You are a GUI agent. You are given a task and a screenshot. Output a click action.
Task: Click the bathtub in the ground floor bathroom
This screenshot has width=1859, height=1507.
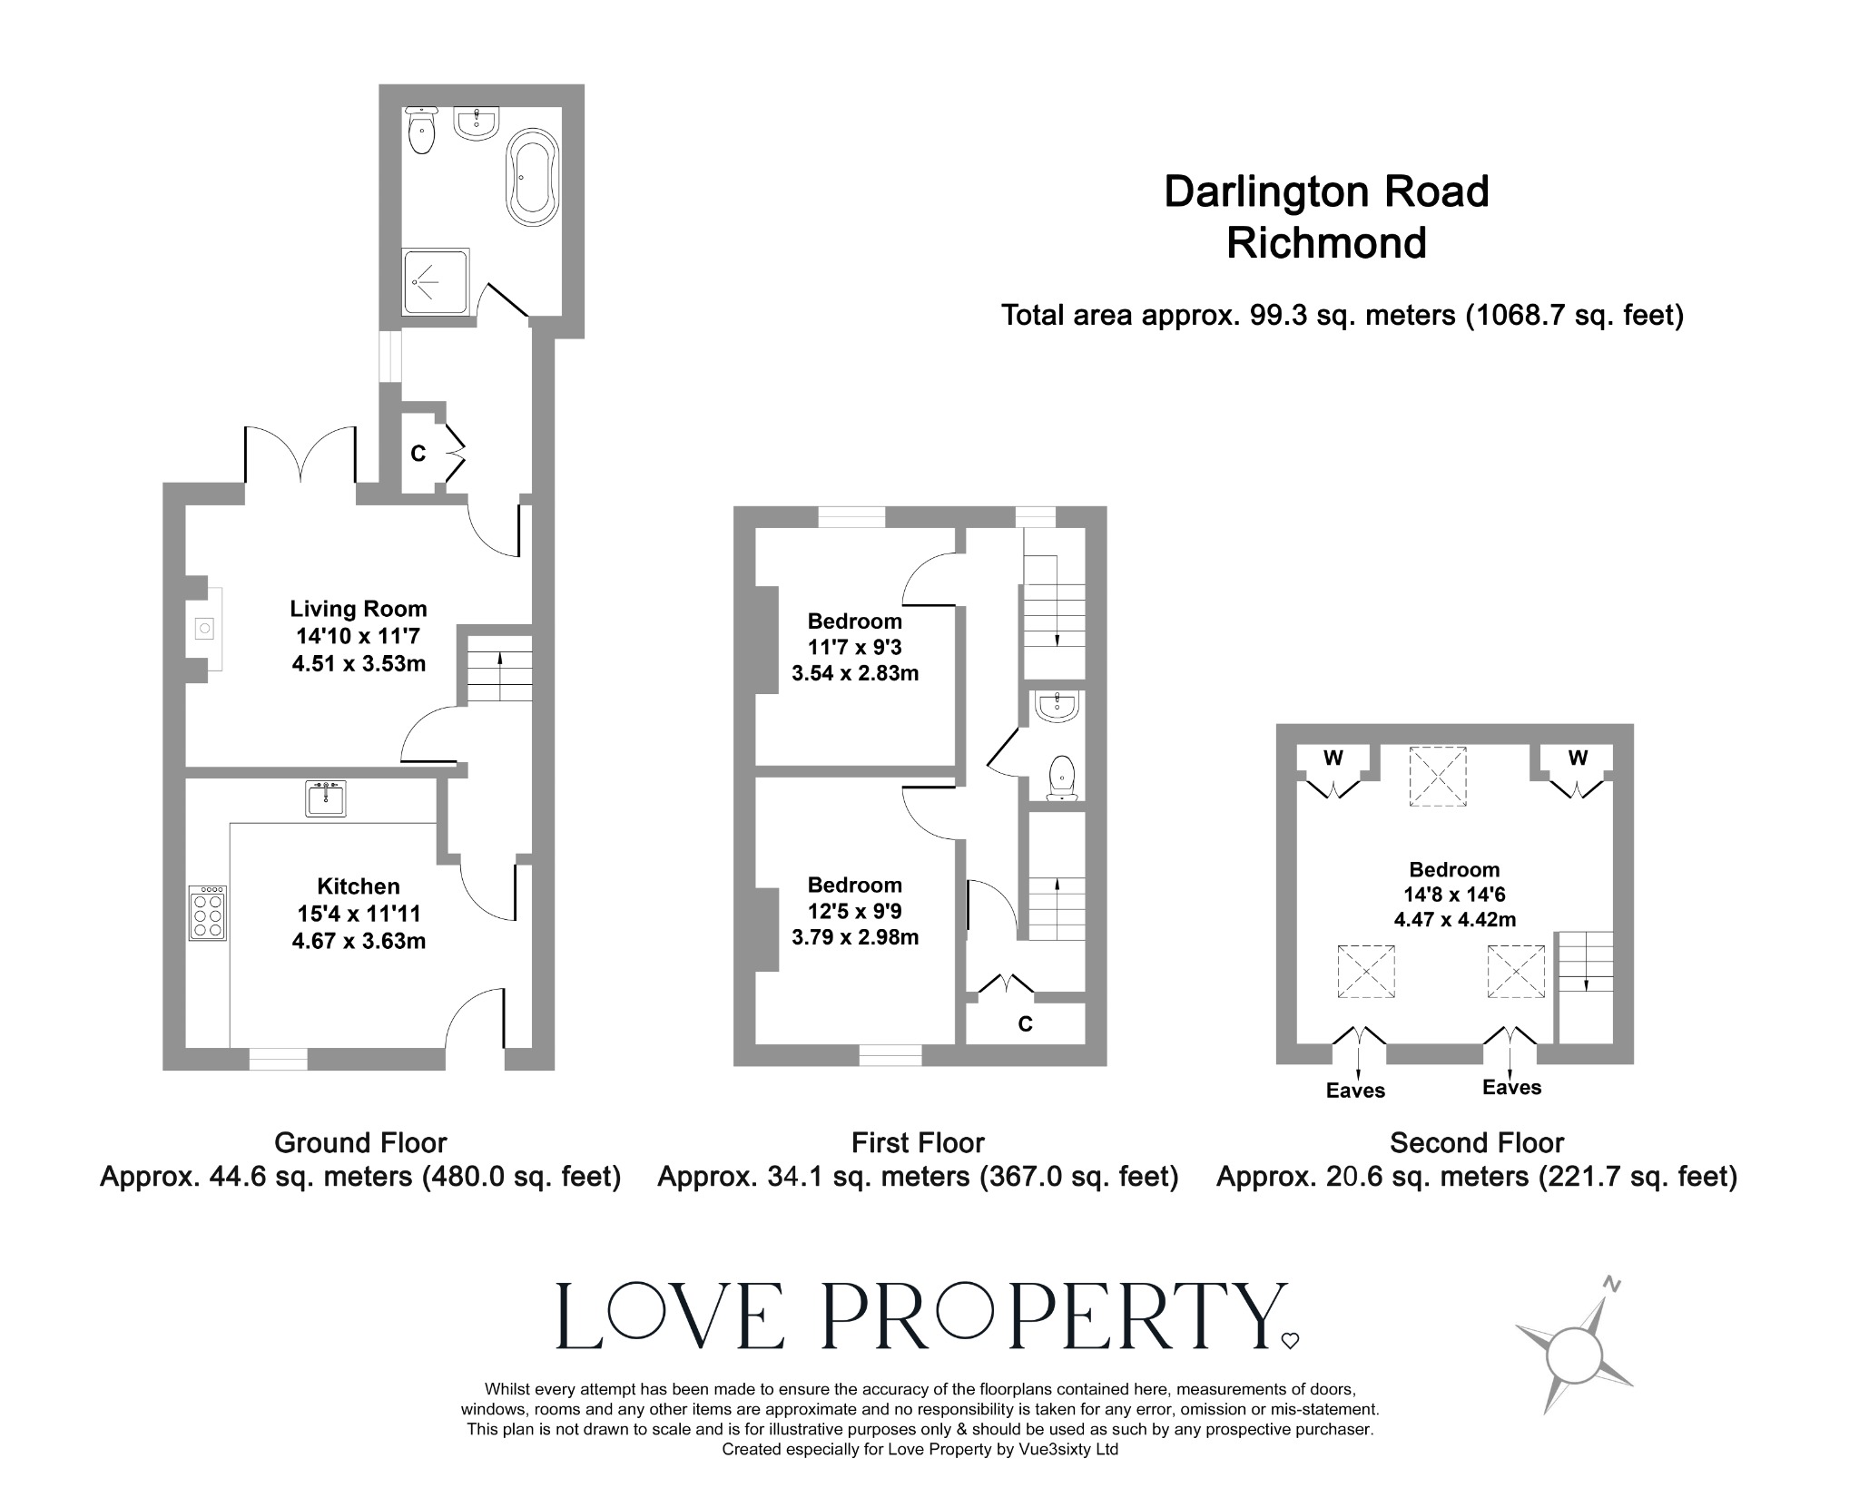(534, 177)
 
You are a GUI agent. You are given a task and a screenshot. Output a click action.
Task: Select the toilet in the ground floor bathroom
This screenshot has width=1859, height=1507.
(422, 130)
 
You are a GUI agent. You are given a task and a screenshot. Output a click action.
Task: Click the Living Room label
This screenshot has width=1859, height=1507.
(358, 609)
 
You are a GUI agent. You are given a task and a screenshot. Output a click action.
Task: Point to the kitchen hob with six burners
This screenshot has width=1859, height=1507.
(208, 913)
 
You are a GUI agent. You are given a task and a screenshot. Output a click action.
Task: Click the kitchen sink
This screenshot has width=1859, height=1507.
(325, 798)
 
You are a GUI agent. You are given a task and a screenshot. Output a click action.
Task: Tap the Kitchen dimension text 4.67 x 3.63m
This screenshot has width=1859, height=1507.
(359, 941)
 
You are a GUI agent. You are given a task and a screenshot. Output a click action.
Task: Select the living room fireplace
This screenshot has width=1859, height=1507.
(206, 628)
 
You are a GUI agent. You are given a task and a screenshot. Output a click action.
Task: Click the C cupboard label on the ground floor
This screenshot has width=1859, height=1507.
(418, 454)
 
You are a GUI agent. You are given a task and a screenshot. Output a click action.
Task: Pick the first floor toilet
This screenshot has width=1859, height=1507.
(1062, 778)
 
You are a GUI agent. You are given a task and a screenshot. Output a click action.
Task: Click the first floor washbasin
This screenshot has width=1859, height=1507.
(1057, 707)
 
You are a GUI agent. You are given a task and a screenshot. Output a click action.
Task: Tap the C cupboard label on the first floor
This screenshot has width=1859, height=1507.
(1025, 1024)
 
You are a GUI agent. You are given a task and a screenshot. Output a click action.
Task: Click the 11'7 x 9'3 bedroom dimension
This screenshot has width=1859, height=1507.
(854, 648)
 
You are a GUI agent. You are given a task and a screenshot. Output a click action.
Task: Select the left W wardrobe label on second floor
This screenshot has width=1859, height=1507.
(1333, 758)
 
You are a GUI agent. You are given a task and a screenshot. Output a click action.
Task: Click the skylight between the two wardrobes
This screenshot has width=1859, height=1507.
(1437, 776)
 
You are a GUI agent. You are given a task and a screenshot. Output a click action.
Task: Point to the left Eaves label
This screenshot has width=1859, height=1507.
(1355, 1091)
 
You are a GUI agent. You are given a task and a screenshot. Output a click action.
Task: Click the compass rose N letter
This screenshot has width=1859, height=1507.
(1611, 1284)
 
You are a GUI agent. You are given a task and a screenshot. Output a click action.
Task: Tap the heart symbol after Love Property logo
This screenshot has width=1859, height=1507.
(1290, 1340)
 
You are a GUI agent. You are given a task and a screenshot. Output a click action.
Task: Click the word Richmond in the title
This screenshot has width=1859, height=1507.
(1326, 243)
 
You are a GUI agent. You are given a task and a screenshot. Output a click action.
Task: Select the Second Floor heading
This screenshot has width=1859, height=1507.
(1476, 1142)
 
